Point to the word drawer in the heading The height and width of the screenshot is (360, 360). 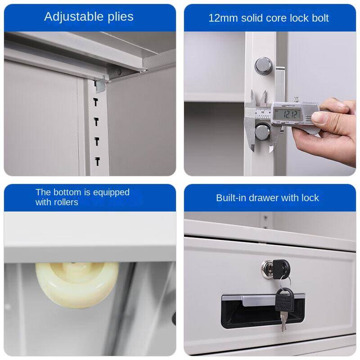tap(265, 198)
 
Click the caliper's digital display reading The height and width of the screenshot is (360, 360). tap(287, 114)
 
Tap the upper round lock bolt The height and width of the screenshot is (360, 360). tap(263, 66)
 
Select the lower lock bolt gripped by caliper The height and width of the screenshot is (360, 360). tap(263, 132)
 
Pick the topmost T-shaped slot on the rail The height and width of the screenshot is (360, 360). tap(96, 102)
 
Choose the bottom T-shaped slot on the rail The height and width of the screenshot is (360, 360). tap(97, 161)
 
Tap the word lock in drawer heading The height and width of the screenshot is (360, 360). tap(310, 198)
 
